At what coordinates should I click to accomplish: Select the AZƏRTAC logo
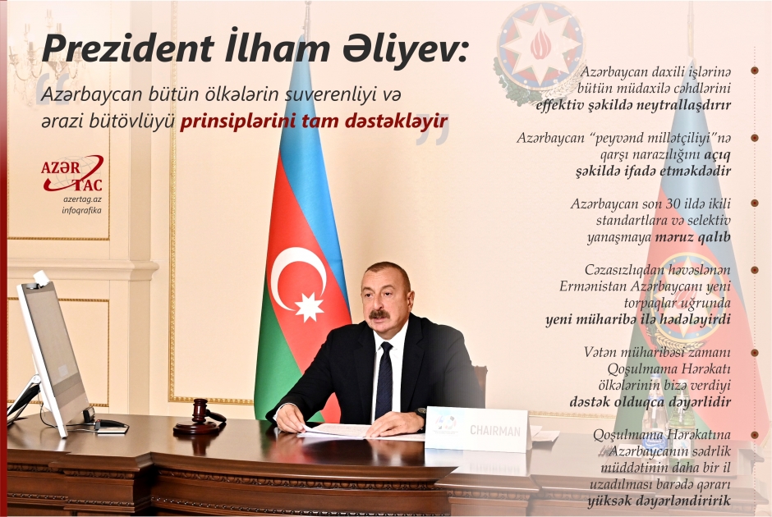click(x=72, y=175)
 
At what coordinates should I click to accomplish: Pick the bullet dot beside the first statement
click(x=753, y=73)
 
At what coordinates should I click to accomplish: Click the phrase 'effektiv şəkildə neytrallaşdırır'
click(x=632, y=106)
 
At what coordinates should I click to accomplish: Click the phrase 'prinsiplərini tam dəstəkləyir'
click(x=314, y=121)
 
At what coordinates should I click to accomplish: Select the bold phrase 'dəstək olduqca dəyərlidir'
click(x=650, y=402)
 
